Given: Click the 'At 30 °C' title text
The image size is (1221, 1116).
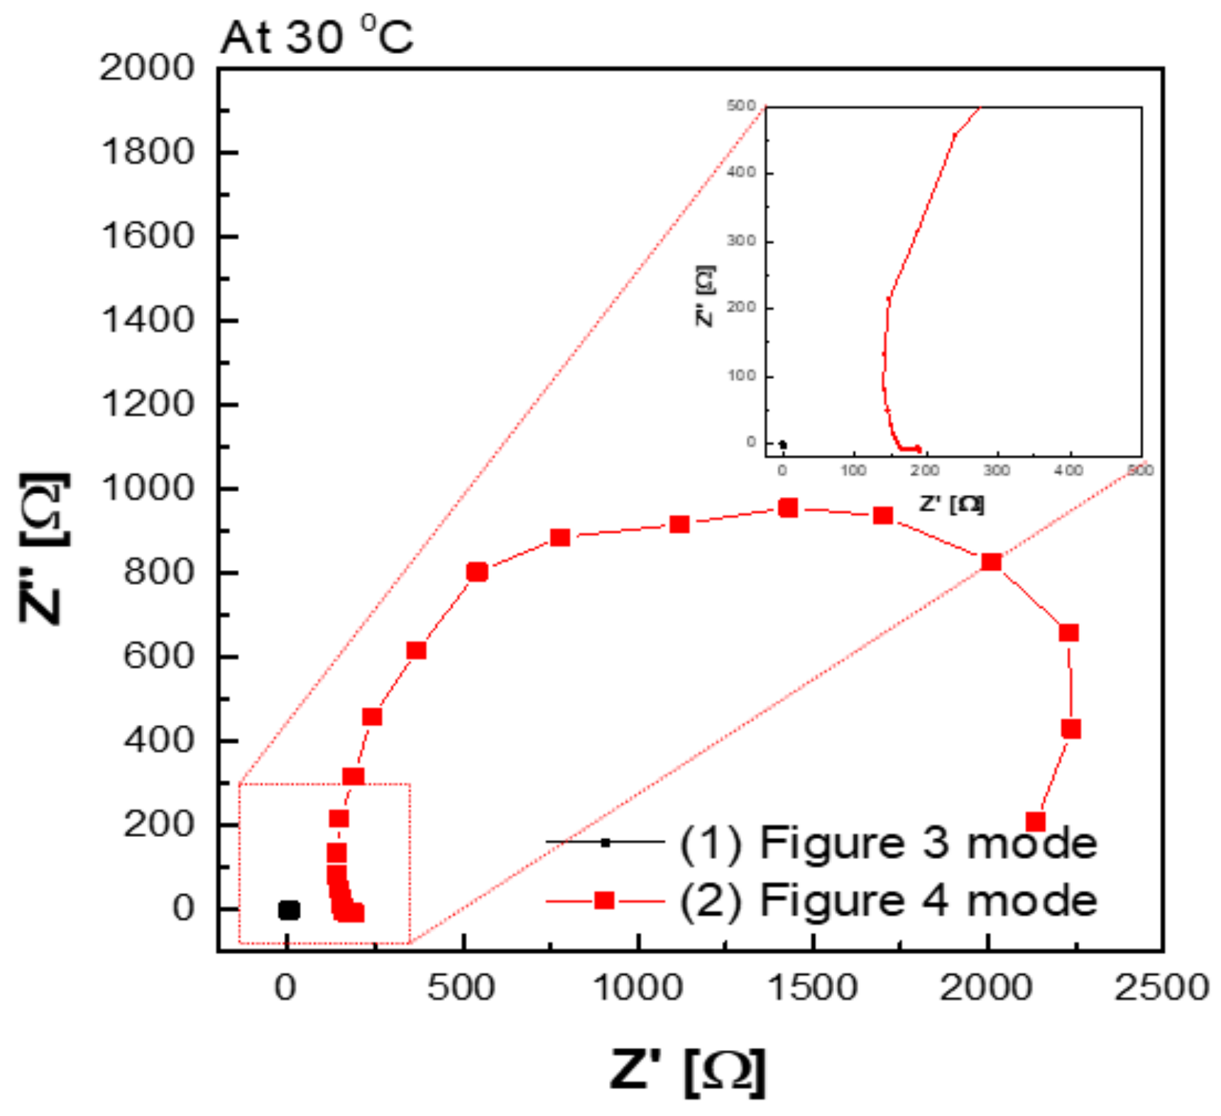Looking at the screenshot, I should click(x=316, y=37).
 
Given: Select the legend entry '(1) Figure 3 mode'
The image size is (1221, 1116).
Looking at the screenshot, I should click(x=887, y=843).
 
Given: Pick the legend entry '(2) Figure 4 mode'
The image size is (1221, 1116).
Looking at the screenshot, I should click(x=887, y=900).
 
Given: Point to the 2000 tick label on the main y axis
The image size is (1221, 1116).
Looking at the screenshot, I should click(x=146, y=68).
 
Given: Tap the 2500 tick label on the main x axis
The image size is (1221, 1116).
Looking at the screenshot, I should click(x=1161, y=987).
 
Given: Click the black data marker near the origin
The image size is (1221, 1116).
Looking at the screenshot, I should click(x=289, y=910).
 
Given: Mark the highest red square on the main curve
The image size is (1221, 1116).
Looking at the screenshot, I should click(x=788, y=508).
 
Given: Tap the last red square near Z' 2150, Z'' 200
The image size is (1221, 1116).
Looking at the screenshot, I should click(x=1036, y=822).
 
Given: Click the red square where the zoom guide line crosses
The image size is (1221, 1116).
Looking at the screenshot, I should click(x=991, y=562).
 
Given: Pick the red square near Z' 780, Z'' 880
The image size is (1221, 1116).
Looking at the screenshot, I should click(x=560, y=537).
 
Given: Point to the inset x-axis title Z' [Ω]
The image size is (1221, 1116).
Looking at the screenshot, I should click(x=951, y=504).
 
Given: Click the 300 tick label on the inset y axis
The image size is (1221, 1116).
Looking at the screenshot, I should click(x=740, y=241).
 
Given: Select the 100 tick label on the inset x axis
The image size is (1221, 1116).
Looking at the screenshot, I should click(x=853, y=471).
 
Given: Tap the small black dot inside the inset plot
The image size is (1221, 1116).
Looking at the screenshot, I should click(x=782, y=445).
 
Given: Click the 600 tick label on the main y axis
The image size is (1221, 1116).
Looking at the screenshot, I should click(x=158, y=656).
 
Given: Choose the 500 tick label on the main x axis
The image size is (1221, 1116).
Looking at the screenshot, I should click(x=461, y=987).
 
